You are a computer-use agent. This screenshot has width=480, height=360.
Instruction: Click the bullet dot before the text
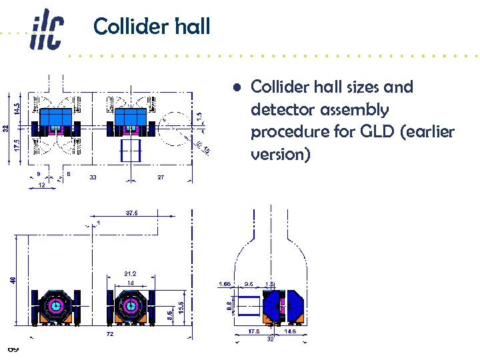click(x=237, y=87)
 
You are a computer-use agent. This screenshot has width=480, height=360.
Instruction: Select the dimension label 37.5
click(x=131, y=213)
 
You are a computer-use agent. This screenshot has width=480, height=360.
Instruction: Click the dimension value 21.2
click(x=129, y=273)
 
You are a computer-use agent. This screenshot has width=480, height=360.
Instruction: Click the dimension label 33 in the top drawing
click(x=93, y=177)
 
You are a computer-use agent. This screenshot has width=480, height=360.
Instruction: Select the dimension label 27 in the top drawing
click(x=161, y=177)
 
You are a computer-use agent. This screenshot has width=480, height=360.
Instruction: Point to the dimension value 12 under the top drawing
click(x=41, y=186)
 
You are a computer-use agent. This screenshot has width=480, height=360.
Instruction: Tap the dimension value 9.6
click(x=249, y=284)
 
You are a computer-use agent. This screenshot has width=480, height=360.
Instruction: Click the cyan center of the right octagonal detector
click(x=129, y=307)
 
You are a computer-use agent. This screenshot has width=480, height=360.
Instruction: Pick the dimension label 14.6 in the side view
click(x=291, y=331)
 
